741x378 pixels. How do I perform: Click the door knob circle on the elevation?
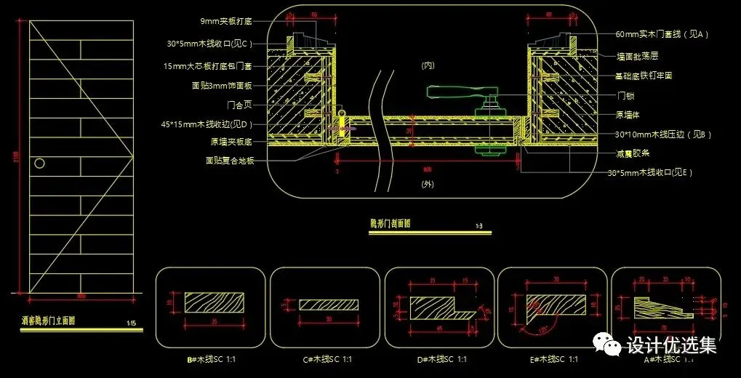pos(41,163)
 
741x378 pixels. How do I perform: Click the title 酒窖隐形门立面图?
pos(49,320)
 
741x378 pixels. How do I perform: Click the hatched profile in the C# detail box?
pos(329,304)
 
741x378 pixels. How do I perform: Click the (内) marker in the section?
pos(427,65)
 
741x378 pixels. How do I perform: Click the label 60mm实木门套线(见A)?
pos(661,34)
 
